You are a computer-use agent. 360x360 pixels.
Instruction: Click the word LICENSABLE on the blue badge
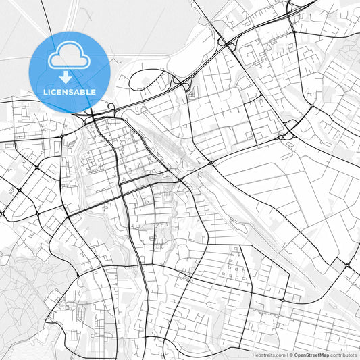click(69, 91)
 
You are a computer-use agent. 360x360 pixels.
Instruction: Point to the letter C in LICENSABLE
click(54, 91)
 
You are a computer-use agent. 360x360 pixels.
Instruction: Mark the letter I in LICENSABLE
click(49, 91)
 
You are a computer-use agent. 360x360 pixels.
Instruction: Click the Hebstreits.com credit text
click(268, 355)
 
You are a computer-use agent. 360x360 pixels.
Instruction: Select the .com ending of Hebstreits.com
click(278, 355)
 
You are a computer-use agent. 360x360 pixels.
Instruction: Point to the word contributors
click(343, 355)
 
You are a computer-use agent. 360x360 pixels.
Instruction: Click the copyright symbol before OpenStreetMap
click(291, 355)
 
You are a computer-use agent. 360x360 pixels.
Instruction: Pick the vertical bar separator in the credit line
click(287, 355)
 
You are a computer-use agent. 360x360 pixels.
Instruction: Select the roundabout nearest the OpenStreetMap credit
click(283, 299)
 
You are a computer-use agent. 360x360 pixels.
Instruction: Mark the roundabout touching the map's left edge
click(2, 213)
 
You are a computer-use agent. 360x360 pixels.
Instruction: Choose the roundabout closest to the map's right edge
click(347, 265)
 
